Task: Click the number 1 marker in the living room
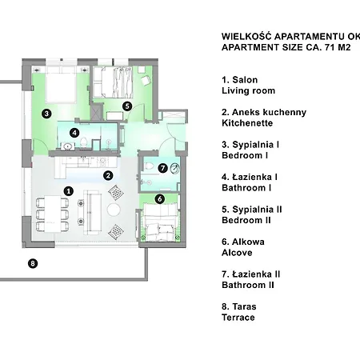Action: pos(69,191)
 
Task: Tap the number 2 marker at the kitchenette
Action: pos(108,175)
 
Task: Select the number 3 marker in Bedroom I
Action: pos(46,114)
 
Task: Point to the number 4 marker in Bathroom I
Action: pos(74,133)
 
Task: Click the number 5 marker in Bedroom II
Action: pos(127,106)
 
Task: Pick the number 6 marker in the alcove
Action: pos(160,198)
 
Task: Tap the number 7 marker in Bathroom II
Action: pos(162,168)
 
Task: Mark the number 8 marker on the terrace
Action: pos(33,263)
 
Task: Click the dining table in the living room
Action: pos(53,214)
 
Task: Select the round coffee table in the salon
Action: pos(114,210)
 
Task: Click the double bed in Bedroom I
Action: pos(61,85)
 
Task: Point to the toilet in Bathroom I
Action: pos(84,142)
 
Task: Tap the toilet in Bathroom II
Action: pos(148,166)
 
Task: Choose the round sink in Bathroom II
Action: pos(174,168)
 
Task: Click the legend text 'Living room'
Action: pos(248,90)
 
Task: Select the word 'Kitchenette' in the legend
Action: pos(247,123)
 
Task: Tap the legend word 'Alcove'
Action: pos(237,253)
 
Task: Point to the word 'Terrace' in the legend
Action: pos(238,318)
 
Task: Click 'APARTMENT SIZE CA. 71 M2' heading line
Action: pos(286,47)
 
